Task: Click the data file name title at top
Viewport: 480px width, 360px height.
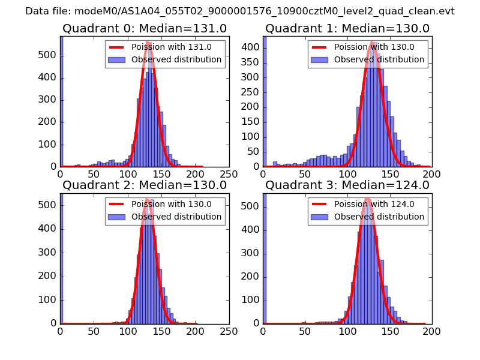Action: [x=240, y=11]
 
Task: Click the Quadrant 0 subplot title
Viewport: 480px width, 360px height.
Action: [x=145, y=29]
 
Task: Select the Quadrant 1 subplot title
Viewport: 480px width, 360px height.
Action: [x=347, y=29]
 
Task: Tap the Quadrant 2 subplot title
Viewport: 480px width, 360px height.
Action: [x=145, y=185]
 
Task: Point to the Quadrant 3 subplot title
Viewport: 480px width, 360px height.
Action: [x=347, y=185]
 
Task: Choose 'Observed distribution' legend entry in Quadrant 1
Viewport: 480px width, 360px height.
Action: [x=379, y=59]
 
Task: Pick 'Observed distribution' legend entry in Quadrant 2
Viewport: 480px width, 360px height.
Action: [x=176, y=217]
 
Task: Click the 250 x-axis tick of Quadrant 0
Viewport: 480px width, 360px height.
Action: [x=229, y=173]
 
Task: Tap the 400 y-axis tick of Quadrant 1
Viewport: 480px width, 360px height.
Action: [x=252, y=47]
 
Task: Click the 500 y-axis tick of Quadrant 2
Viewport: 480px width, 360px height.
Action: [x=49, y=205]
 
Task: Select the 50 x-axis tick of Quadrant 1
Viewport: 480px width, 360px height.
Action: [x=305, y=173]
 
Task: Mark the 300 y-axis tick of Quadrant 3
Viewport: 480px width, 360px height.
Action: [x=252, y=252]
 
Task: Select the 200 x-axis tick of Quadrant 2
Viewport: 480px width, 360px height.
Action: [x=195, y=330]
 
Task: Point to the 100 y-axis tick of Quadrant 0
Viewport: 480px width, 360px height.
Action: [x=49, y=145]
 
